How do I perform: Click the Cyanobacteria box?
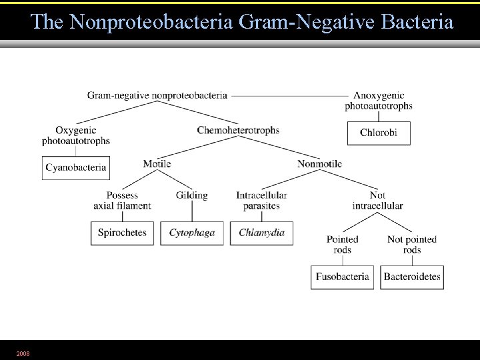(x=75, y=168)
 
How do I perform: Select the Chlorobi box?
(x=379, y=133)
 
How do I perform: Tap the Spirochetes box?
(x=122, y=233)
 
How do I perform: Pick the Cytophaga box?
(x=192, y=233)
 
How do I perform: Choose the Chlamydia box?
(x=261, y=233)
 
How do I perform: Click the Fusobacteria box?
(x=343, y=277)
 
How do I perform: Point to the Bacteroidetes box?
(x=412, y=277)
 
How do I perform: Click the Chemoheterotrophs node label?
(x=238, y=130)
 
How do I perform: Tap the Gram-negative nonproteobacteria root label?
(x=157, y=95)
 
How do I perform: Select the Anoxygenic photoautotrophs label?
(x=379, y=101)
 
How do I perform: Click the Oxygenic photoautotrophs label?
(x=75, y=135)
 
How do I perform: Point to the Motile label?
(x=157, y=164)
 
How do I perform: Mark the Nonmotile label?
(x=319, y=164)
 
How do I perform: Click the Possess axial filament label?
(x=122, y=201)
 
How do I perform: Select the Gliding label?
(x=192, y=195)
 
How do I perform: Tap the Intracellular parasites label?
(x=261, y=201)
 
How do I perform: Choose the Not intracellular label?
(x=377, y=201)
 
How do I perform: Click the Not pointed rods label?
(x=412, y=245)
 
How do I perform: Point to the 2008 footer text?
(x=23, y=353)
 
